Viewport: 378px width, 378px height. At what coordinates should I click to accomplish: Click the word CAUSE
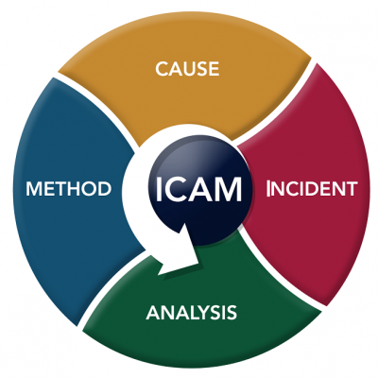pos(187,69)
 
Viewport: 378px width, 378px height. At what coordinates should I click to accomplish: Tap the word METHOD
pos(69,188)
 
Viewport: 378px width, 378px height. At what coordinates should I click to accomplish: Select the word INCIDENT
pos(312,188)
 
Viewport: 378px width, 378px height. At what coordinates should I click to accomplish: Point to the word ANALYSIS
pos(191,313)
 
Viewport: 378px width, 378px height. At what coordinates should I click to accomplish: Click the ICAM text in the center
pos(198,189)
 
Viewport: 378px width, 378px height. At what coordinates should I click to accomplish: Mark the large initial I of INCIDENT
pos(268,188)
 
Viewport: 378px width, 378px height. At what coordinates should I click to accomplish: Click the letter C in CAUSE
pos(162,69)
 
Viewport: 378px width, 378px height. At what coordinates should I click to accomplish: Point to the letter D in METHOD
pos(104,188)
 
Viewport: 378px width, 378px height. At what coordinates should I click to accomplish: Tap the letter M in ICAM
pos(229,189)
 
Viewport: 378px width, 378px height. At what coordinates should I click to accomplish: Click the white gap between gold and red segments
pos(274,102)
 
